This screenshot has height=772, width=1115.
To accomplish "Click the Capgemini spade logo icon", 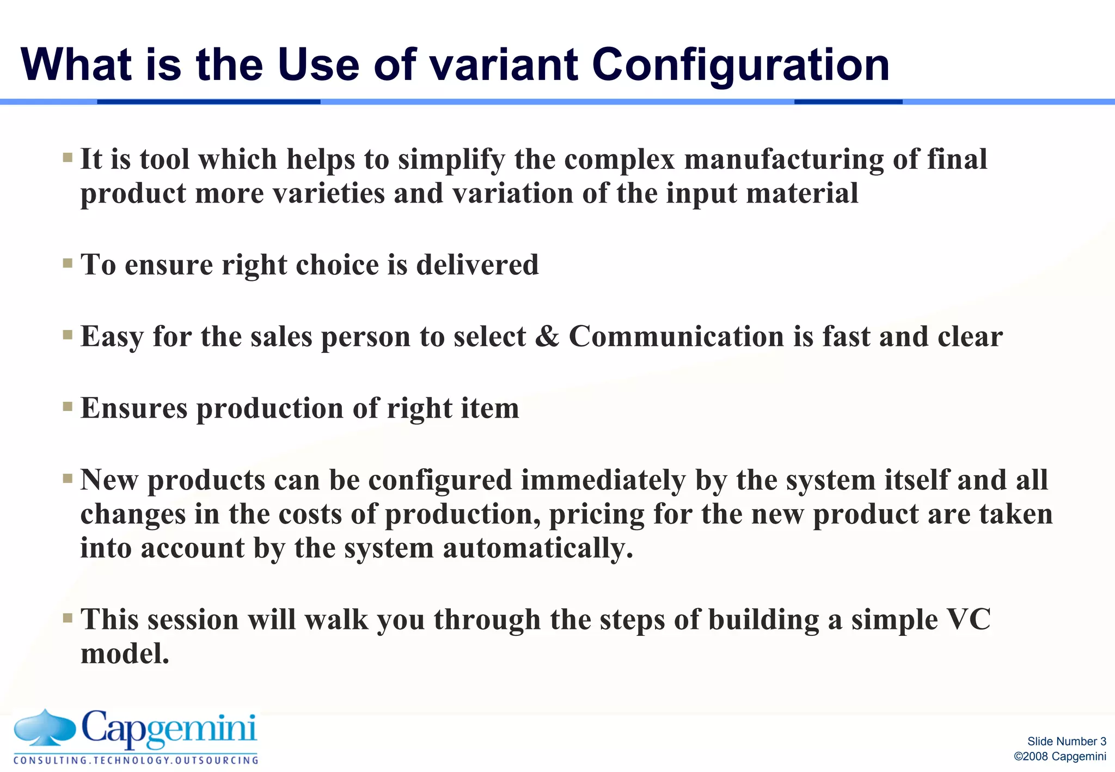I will point(45,727).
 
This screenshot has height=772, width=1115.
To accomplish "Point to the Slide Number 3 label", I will point(1067,742).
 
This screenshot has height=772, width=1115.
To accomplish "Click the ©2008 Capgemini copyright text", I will point(1059,757).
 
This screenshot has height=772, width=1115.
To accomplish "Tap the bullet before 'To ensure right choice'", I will point(68,264).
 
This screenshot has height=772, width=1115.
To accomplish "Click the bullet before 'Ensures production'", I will point(68,407).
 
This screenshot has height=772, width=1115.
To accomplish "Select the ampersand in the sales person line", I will point(547,336).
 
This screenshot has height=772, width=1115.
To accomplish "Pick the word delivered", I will point(477,265).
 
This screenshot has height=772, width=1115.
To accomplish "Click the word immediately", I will point(603,480).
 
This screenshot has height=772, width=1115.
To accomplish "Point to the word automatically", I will point(538,548).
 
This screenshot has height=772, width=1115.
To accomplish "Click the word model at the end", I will point(125,653).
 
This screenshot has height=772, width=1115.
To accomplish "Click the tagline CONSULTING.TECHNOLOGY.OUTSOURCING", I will point(136,760).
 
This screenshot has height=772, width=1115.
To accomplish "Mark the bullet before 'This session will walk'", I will point(68,618).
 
